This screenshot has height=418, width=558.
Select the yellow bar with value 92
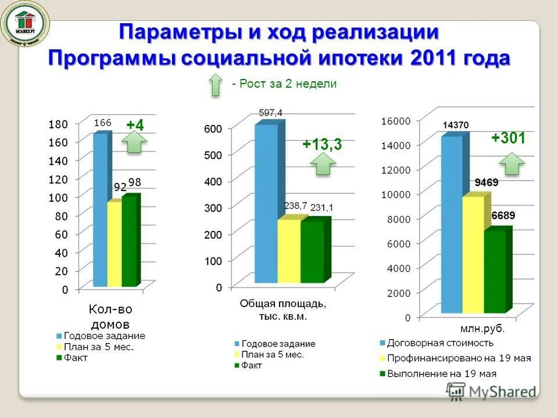pyautogui.click(x=114, y=244)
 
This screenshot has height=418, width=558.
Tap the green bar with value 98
pyautogui.click(x=128, y=242)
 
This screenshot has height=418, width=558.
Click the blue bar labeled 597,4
pyautogui.click(x=266, y=203)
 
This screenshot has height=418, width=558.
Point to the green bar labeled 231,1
pyautogui.click(x=312, y=252)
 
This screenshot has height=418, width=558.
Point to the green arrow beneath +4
pyautogui.click(x=135, y=142)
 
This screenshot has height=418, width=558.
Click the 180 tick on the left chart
pyautogui.click(x=58, y=124)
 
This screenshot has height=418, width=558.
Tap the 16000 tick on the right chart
pyautogui.click(x=396, y=120)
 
